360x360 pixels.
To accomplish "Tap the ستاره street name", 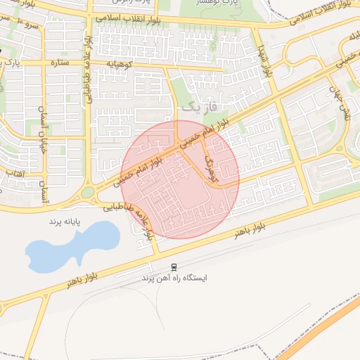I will pyautogui.click(x=58, y=63).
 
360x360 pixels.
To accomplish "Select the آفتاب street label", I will pyautogui.click(x=15, y=172).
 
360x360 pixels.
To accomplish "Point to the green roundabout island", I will pyautogui.click(x=87, y=192).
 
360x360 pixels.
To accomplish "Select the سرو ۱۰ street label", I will pyautogui.click(x=26, y=25).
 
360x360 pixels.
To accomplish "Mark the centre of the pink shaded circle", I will pyautogui.click(x=181, y=179).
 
